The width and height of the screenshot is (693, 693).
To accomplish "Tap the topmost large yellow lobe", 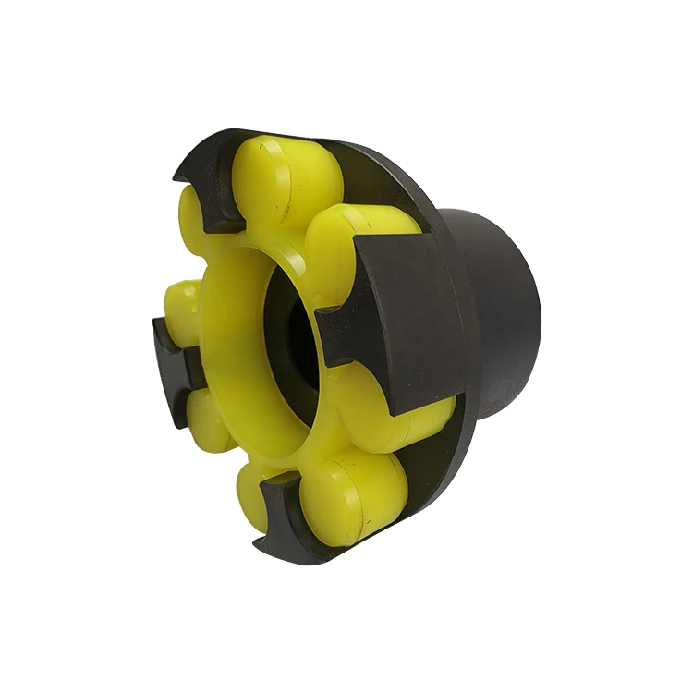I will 282,180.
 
